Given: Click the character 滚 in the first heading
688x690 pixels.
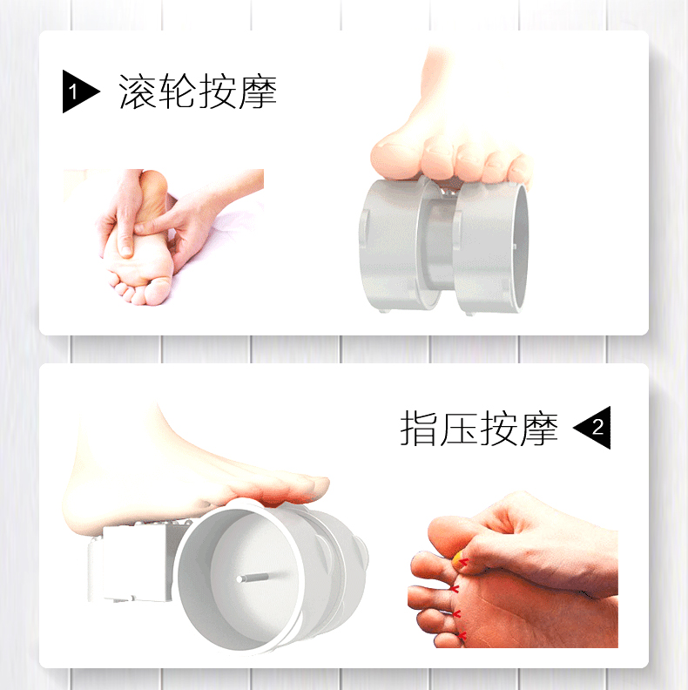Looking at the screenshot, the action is (x=138, y=91).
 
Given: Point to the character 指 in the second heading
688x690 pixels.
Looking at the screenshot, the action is (x=419, y=428).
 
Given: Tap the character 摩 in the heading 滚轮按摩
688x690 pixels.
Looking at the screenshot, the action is (x=257, y=91).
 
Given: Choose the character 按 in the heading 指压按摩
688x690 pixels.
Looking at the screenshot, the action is (x=498, y=428).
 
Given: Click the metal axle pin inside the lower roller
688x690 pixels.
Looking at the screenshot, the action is (x=253, y=577).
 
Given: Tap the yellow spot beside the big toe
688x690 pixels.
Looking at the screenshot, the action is (x=459, y=559).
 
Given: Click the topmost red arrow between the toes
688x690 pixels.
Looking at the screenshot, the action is (x=463, y=562).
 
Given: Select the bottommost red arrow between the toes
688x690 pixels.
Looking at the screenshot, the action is (x=461, y=635).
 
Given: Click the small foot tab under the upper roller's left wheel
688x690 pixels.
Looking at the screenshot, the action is (x=384, y=311).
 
